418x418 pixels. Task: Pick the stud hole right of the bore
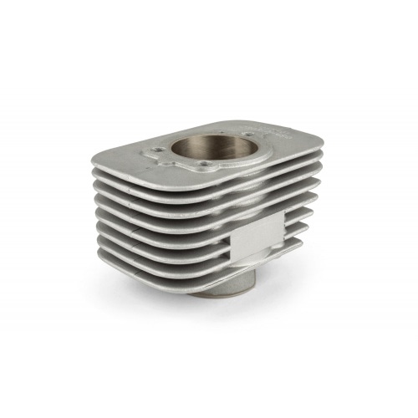[x=248, y=131]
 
